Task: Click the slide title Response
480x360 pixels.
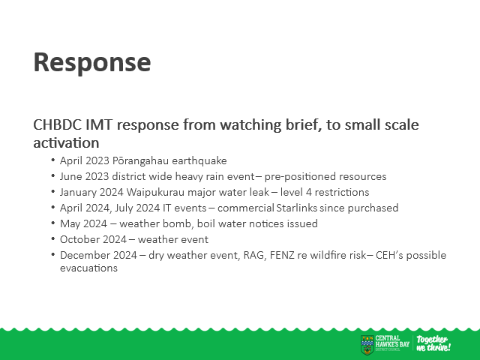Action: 92,63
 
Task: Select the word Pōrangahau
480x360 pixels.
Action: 140,160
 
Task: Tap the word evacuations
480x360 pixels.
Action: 88,268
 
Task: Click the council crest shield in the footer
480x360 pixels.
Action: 367,345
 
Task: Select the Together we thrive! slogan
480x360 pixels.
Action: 433,343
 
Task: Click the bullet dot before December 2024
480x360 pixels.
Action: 53,254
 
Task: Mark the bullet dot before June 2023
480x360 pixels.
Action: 53,175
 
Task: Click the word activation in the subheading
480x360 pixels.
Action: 66,143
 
